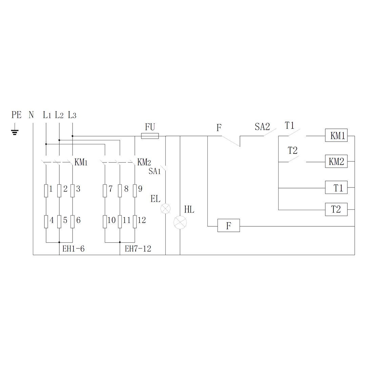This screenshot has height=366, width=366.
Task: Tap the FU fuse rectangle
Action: (150, 136)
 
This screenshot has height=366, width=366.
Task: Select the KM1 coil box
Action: (336, 135)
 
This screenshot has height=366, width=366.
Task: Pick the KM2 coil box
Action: (336, 161)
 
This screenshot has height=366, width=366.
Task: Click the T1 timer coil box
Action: (336, 187)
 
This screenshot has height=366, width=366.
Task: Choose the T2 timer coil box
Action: (336, 209)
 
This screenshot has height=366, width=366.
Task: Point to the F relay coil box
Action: (228, 225)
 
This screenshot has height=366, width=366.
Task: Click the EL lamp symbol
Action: (165, 208)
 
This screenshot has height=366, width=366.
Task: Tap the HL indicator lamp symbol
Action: (180, 222)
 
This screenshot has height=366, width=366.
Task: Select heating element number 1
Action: (46, 191)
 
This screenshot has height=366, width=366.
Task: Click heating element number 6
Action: (73, 222)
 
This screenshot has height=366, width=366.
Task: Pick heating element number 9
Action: (135, 191)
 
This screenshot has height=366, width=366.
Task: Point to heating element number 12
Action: (135, 222)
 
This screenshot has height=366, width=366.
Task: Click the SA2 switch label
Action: (262, 127)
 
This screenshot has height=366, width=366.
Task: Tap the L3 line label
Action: (72, 115)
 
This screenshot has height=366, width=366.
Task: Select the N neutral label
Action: (31, 115)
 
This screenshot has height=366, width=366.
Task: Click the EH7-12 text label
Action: (138, 249)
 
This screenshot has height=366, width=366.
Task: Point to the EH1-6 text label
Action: (73, 249)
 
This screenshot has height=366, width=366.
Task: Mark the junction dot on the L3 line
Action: (73, 136)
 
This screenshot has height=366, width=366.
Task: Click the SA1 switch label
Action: (155, 171)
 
